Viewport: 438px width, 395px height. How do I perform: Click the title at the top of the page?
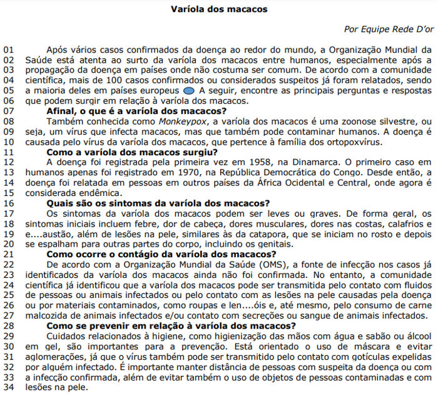(x=218, y=9)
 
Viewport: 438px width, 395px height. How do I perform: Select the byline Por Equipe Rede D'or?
(x=387, y=29)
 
